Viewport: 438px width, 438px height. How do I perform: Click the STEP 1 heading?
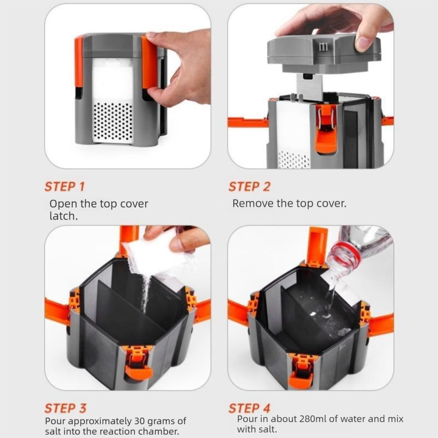pos(65,187)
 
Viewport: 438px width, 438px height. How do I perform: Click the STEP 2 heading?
pos(250,187)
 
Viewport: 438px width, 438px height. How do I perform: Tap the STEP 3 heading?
pos(65,408)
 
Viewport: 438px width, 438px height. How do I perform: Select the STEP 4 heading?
pos(250,408)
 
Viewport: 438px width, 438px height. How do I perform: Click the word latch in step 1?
pos(64,216)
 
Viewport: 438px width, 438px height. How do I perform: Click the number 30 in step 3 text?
pos(141,420)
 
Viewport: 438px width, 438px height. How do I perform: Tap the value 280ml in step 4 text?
pos(313,419)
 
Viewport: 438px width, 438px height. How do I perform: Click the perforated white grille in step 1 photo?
pos(113,122)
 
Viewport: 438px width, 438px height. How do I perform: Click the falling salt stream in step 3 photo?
pos(146,293)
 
